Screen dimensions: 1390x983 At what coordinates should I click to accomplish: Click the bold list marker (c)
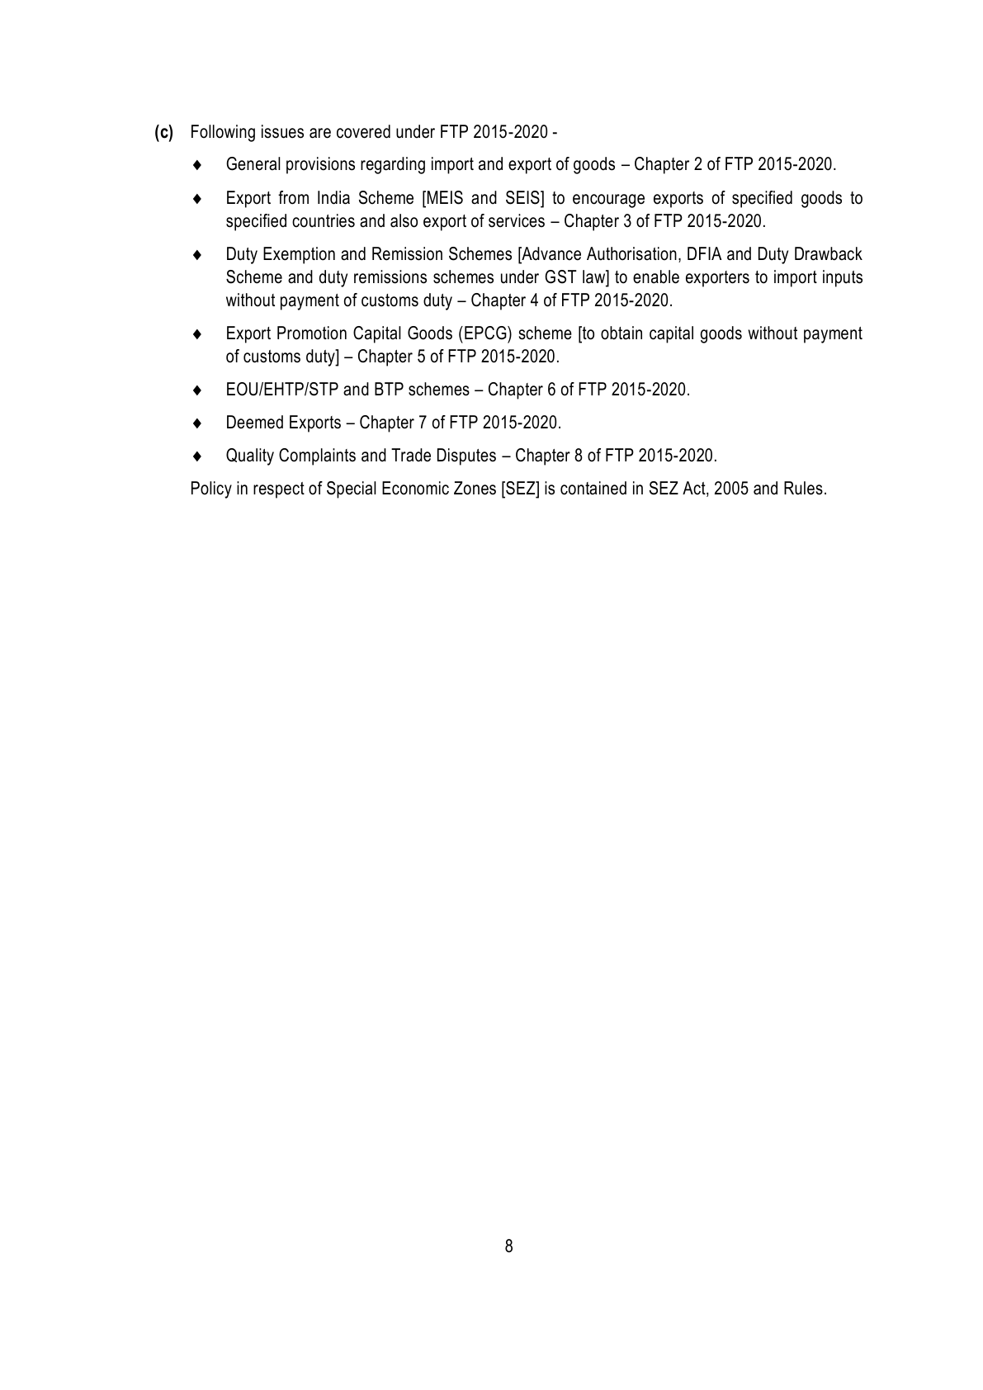[164, 132]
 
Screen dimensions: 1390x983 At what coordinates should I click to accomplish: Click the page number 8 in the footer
[508, 1246]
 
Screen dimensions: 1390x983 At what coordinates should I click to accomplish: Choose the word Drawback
[828, 254]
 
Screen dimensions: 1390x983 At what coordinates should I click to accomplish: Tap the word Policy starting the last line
[210, 489]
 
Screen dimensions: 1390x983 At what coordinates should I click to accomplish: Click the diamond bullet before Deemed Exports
[196, 423]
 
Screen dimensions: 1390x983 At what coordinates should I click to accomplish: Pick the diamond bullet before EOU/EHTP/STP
[196, 390]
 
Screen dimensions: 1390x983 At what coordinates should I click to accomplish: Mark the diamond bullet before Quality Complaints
[196, 456]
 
